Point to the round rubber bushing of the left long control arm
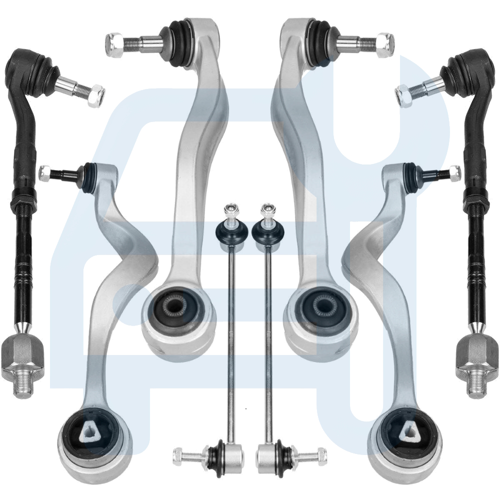coord(173,305)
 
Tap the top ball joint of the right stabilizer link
coord(269,230)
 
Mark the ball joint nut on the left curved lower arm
coord(45,173)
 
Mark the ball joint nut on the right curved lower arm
coord(454,172)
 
